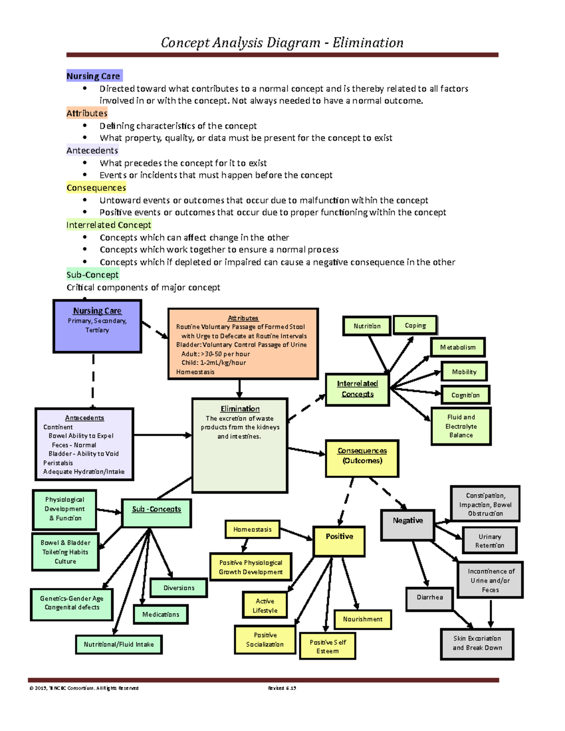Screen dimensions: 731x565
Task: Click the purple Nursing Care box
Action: click(97, 326)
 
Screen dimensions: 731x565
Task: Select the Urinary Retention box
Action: click(490, 540)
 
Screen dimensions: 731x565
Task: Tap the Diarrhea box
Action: click(429, 598)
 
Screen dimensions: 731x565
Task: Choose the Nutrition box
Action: click(367, 326)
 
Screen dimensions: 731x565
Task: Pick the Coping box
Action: click(415, 325)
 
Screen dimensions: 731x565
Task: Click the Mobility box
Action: click(464, 371)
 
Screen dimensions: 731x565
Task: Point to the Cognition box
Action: click(465, 395)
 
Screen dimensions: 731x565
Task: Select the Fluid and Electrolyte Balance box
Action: click(461, 426)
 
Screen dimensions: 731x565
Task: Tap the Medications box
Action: click(161, 614)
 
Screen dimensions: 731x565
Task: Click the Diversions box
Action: click(178, 588)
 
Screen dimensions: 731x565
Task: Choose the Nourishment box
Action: click(363, 619)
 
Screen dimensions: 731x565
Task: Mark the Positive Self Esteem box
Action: click(327, 646)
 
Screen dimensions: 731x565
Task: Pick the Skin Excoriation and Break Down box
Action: click(477, 643)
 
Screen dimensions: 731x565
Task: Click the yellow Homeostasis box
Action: click(252, 530)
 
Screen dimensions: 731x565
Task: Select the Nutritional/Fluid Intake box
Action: click(119, 644)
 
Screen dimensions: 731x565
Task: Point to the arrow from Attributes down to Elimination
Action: click(240, 389)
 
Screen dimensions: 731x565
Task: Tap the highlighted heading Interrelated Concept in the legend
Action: click(109, 225)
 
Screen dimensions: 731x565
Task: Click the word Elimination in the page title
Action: click(368, 43)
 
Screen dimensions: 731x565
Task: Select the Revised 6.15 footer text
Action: click(282, 688)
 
